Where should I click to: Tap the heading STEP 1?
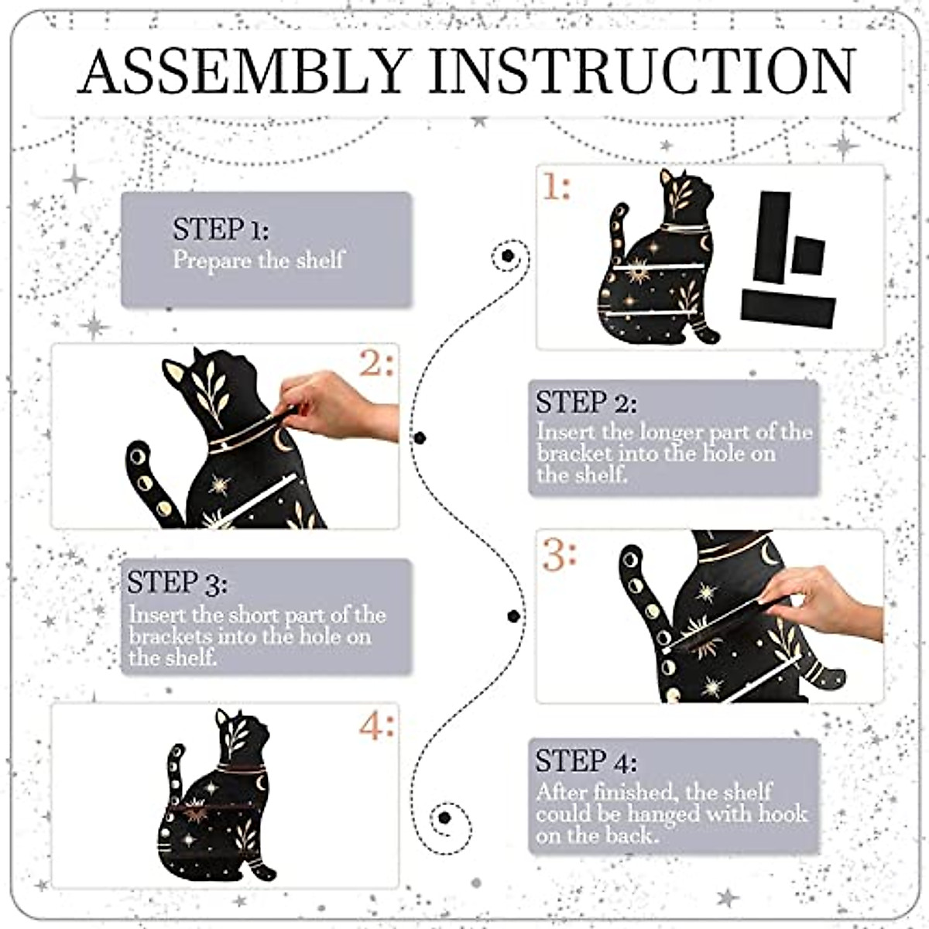[x=221, y=229]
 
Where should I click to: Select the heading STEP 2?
[x=586, y=403]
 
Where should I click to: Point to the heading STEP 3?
[x=177, y=583]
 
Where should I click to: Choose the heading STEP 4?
[x=586, y=761]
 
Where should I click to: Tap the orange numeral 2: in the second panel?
[x=376, y=362]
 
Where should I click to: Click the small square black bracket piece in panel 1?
[x=808, y=255]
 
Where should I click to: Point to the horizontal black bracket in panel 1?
[x=788, y=310]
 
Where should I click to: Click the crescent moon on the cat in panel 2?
[x=280, y=439]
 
